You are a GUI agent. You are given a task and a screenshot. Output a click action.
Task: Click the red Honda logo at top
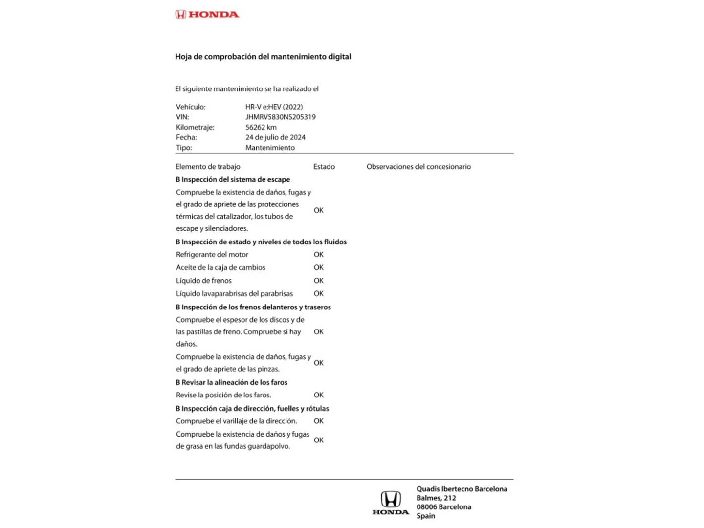(207, 14)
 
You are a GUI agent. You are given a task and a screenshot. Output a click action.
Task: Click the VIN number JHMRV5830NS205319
(280, 117)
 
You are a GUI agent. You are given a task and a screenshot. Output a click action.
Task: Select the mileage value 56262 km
(261, 127)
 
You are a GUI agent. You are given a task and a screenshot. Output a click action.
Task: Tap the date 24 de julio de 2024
(275, 137)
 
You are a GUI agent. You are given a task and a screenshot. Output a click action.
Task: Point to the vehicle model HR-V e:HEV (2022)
(274, 107)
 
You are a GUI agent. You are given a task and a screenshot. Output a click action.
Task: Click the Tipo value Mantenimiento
(270, 148)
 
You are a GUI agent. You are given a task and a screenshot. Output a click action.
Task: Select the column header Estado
(324, 167)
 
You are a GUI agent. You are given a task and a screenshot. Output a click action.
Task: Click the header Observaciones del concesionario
(418, 167)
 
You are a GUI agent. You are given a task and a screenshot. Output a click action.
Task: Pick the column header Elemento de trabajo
(208, 167)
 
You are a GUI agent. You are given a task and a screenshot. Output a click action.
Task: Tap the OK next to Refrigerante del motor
(318, 255)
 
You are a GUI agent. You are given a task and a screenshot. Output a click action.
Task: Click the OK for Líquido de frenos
(318, 281)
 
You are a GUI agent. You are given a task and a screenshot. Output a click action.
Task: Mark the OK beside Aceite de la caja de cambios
(318, 268)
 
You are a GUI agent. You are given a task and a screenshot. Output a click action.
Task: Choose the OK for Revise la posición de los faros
(318, 395)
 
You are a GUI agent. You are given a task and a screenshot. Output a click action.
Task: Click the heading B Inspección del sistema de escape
(233, 180)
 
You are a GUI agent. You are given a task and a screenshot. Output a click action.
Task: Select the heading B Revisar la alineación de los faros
(231, 382)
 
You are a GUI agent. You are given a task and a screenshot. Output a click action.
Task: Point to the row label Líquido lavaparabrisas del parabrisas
(234, 294)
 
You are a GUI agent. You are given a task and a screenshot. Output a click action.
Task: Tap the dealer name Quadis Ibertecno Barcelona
(462, 489)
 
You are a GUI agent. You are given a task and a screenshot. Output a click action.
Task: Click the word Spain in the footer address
(425, 516)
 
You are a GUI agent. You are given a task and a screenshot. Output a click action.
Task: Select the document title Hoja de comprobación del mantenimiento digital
(263, 57)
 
